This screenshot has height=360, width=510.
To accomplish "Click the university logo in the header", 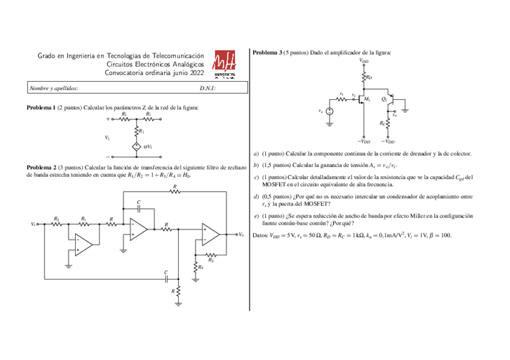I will [225, 64].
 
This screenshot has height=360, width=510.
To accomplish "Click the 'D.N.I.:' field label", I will [207, 88].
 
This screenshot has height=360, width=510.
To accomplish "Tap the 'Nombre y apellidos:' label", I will [54, 88].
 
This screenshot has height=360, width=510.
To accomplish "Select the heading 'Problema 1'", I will [41, 108].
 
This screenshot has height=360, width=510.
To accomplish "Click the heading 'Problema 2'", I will [41, 166].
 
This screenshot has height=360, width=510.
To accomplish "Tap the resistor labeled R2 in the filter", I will [56, 224].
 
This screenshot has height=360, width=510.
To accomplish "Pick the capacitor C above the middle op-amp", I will [139, 207].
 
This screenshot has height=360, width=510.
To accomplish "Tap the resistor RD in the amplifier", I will [364, 77].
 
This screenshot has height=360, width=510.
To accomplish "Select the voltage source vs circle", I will [329, 111].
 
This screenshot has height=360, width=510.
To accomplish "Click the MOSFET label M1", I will [367, 99].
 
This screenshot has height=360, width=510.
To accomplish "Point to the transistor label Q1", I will [384, 99].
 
